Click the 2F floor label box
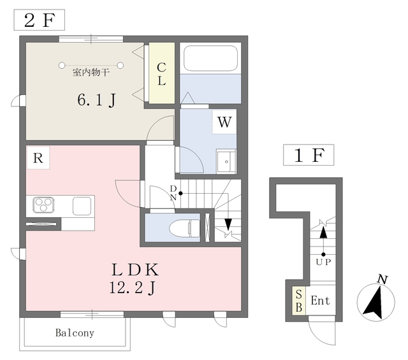pyautogui.click(x=40, y=20)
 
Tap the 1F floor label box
pyautogui.click(x=309, y=155)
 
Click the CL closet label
pyautogui.click(x=161, y=74)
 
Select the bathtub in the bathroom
pyautogui.click(x=210, y=58)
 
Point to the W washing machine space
pyautogui.click(x=224, y=122)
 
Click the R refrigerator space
pyautogui.click(x=38, y=158)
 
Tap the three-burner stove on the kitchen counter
pyautogui.click(x=43, y=205)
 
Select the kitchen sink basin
pyautogui.click(x=82, y=206)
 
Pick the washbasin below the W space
pyautogui.click(x=226, y=162)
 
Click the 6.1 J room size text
pyautogui.click(x=96, y=100)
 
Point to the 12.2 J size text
pyautogui.click(x=133, y=288)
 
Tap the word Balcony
pyautogui.click(x=75, y=333)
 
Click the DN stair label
pyautogui.click(x=173, y=193)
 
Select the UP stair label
pyautogui.click(x=323, y=263)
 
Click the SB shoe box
pyautogui.click(x=299, y=301)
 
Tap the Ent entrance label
pyautogui.click(x=320, y=301)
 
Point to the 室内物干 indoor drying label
pyautogui.click(x=91, y=72)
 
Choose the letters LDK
pyautogui.click(x=135, y=270)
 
